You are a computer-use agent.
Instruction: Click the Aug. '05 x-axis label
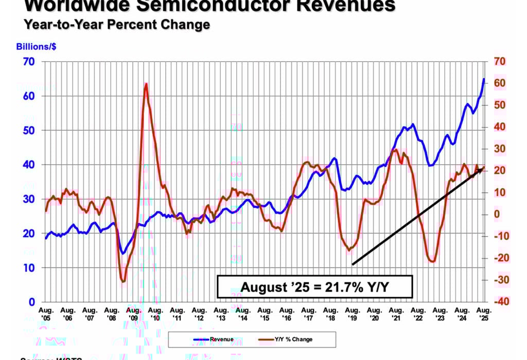click(x=46, y=313)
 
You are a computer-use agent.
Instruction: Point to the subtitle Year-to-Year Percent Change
click(x=116, y=24)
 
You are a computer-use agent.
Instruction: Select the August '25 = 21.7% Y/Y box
click(x=314, y=287)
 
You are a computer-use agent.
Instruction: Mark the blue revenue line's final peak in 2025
click(x=484, y=79)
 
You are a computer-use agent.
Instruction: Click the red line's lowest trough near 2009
click(x=123, y=281)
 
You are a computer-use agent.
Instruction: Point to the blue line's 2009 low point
click(x=122, y=253)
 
